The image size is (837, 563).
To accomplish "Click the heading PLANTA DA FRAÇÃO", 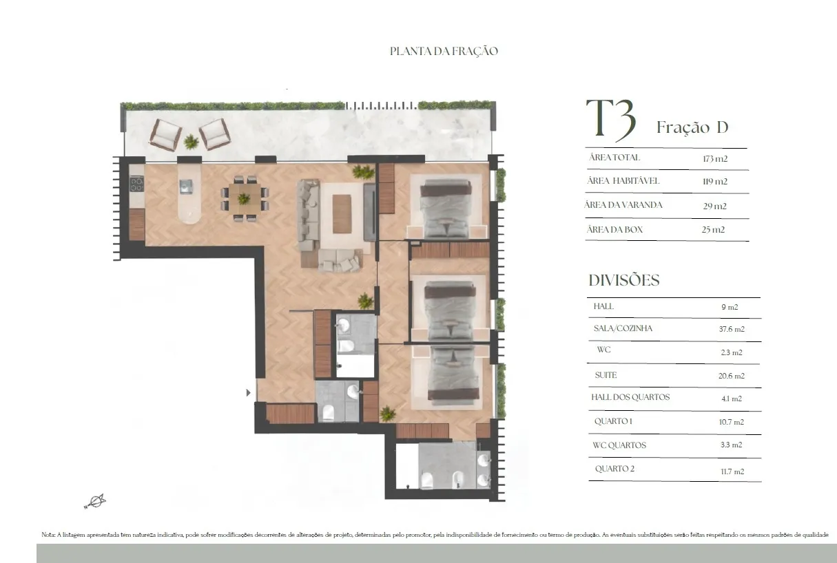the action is click(x=444, y=51).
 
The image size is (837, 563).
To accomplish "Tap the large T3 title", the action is click(x=611, y=119).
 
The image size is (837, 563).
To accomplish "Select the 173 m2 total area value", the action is click(x=715, y=159).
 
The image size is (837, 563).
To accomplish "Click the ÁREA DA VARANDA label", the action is click(x=623, y=204).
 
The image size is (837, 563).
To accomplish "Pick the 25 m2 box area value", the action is click(x=713, y=230).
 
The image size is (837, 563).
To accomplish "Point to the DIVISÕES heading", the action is click(x=624, y=280).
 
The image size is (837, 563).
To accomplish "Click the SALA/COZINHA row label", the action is click(x=623, y=328).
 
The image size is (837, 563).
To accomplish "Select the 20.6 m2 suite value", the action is click(x=731, y=376).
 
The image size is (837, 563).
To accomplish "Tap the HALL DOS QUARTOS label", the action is click(x=630, y=397).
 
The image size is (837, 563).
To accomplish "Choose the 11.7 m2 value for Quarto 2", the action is click(x=732, y=471).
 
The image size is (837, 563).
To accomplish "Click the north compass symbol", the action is click(x=95, y=501).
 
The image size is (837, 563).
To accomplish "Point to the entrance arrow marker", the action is click(x=248, y=392).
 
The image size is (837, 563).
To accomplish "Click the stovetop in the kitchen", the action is click(x=137, y=184).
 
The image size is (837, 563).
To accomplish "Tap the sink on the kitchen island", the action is click(x=186, y=187).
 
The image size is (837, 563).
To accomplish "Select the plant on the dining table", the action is click(x=244, y=198).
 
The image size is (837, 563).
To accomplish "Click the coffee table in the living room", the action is click(x=342, y=214).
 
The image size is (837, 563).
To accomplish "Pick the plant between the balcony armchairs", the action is click(x=191, y=142).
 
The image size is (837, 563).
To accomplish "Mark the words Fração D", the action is click(x=692, y=127).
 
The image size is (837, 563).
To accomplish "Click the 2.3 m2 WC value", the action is click(x=731, y=352).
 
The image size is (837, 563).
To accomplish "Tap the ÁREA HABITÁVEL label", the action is click(x=623, y=181).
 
